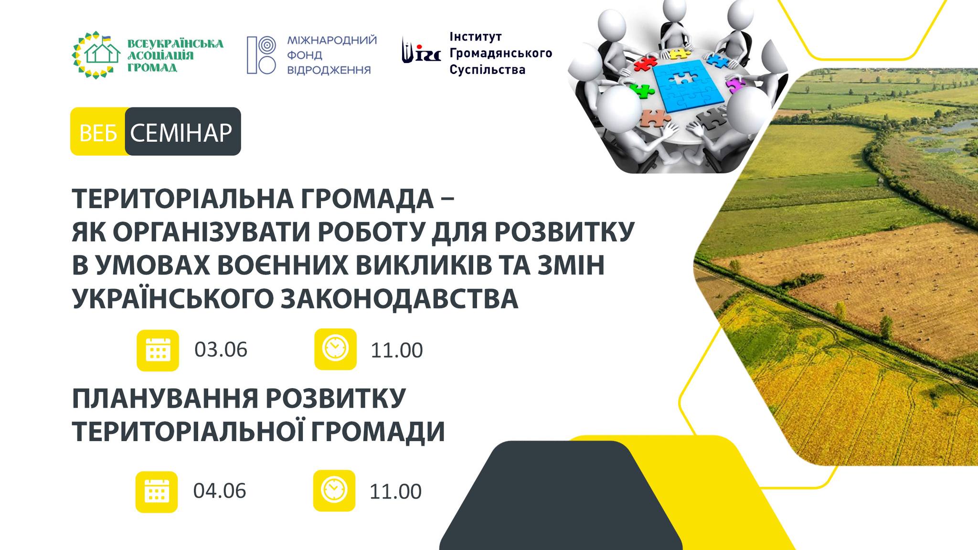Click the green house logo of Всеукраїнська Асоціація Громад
click(96, 55)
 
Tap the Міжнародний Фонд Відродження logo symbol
click(261, 55)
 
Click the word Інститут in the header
click(476, 37)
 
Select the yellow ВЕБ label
click(98, 132)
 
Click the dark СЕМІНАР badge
click(183, 132)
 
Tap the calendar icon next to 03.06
click(158, 350)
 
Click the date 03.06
click(221, 349)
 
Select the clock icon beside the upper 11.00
click(335, 349)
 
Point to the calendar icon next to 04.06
click(157, 492)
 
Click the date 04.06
click(220, 491)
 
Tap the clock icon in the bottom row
click(334, 490)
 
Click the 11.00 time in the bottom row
click(395, 492)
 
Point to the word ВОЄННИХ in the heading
click(283, 265)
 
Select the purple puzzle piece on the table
click(736, 85)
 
